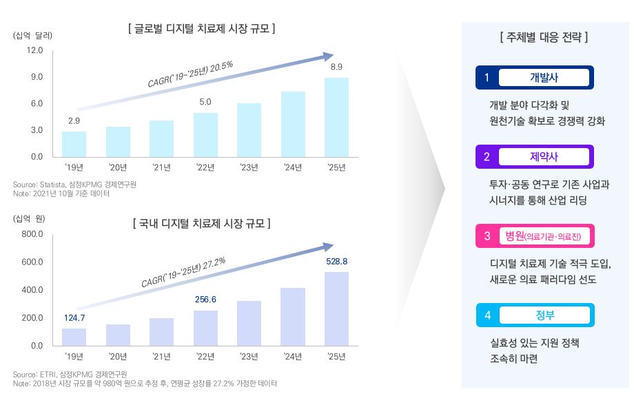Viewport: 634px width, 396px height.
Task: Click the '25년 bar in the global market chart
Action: (x=336, y=117)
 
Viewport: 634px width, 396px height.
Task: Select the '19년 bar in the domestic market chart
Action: (x=74, y=336)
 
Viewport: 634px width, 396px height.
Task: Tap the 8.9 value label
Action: (x=336, y=67)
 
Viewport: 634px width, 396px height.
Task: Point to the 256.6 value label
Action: (x=205, y=300)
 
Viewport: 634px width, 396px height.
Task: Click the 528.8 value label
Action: (x=336, y=261)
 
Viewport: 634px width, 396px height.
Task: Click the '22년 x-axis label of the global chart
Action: (x=205, y=167)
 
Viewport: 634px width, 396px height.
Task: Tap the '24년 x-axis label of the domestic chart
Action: (x=293, y=356)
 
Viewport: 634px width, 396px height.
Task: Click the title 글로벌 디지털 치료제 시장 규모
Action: (x=202, y=29)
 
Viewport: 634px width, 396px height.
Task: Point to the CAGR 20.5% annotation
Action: (x=190, y=74)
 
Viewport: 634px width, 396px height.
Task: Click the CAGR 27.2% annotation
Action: (x=183, y=272)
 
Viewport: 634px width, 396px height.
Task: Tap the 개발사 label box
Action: (x=544, y=77)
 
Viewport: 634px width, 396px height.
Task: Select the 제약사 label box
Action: (x=544, y=156)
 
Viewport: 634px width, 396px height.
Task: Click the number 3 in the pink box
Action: (x=487, y=236)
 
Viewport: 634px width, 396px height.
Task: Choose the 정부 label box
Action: (x=544, y=315)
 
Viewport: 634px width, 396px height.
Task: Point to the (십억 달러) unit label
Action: (x=33, y=35)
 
